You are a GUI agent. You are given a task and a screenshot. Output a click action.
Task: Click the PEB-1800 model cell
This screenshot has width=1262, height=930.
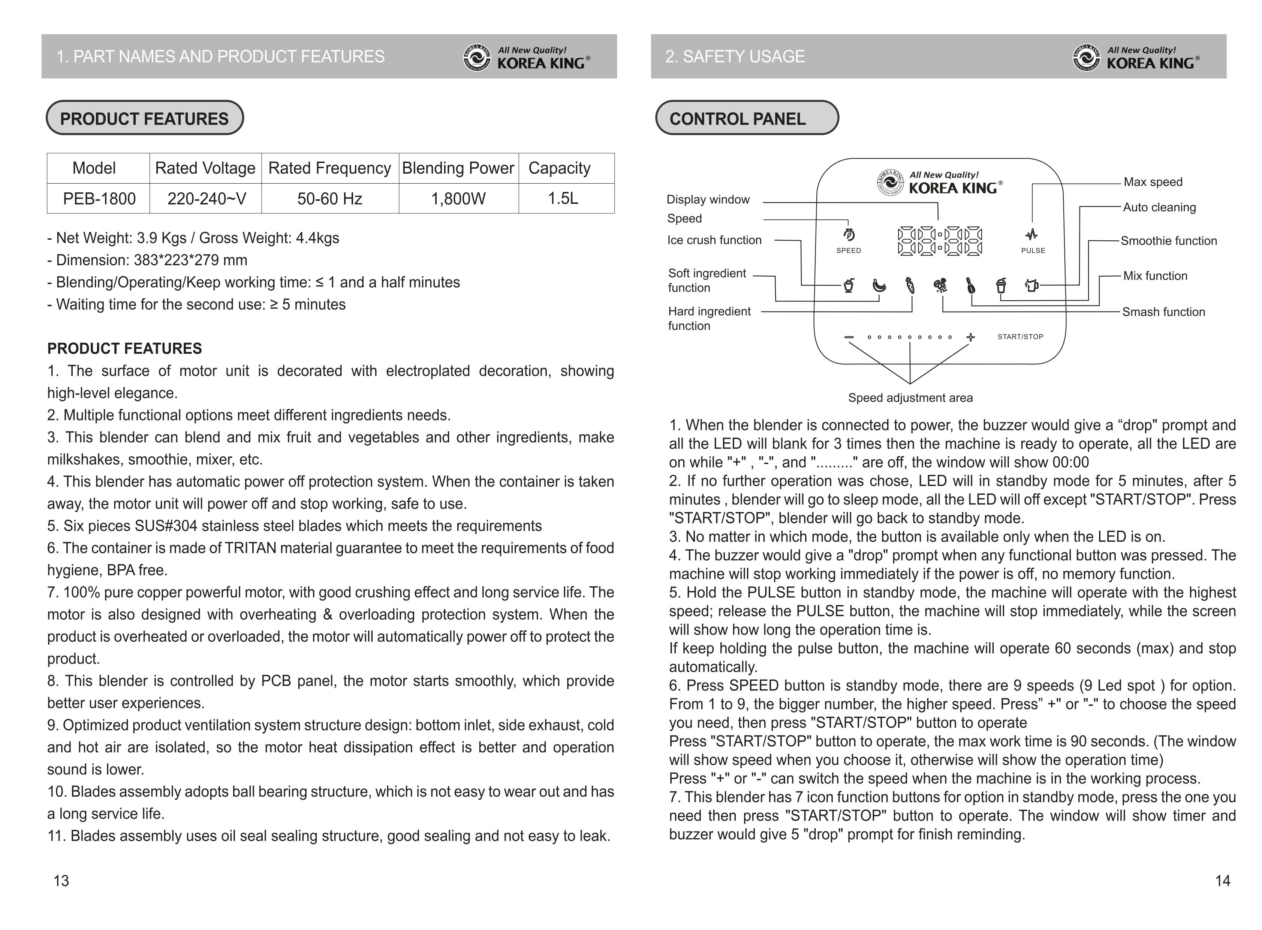pyautogui.click(x=99, y=199)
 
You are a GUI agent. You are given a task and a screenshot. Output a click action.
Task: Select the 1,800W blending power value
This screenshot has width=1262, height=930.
pyautogui.click(x=458, y=199)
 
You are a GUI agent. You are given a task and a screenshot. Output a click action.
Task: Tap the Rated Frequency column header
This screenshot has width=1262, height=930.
pyautogui.click(x=329, y=168)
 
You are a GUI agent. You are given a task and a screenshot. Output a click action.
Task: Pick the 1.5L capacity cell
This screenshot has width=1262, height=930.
pyautogui.click(x=563, y=199)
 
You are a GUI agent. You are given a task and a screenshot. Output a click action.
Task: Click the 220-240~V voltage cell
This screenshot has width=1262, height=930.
pyautogui.click(x=207, y=199)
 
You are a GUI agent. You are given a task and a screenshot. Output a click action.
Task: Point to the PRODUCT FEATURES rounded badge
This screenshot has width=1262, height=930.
pyautogui.click(x=145, y=118)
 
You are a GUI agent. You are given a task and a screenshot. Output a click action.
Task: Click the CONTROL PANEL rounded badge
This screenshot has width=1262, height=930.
pyautogui.click(x=746, y=118)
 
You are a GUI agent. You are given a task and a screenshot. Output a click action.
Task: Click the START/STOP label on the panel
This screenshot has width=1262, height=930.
pyautogui.click(x=1020, y=337)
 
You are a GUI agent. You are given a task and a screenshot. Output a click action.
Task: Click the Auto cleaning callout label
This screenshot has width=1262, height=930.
pyautogui.click(x=1159, y=208)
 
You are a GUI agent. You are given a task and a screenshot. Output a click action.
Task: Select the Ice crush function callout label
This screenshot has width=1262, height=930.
pyautogui.click(x=714, y=240)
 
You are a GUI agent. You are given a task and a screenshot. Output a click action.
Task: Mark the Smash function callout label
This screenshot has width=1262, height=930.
pyautogui.click(x=1163, y=312)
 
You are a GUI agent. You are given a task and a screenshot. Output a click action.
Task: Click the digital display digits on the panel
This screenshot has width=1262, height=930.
pyautogui.click(x=939, y=241)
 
